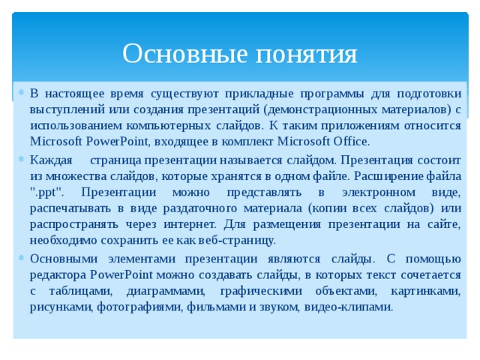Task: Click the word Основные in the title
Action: [x=178, y=54]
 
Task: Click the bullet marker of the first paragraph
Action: [x=22, y=94]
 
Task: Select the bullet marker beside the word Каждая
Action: [x=22, y=160]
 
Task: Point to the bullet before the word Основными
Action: [x=22, y=258]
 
